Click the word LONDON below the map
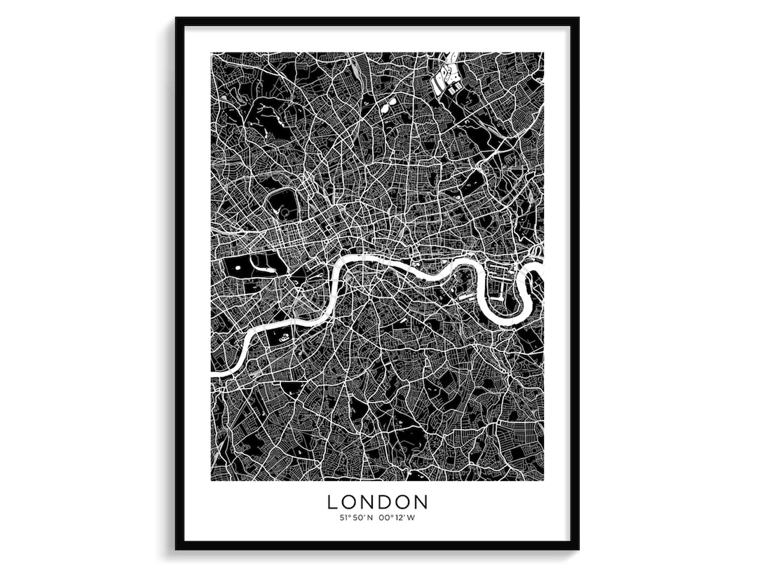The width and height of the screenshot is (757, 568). [378, 502]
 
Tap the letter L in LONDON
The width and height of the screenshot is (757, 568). [332, 502]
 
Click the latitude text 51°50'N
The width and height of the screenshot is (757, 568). [355, 518]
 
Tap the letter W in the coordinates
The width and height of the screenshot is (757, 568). [412, 518]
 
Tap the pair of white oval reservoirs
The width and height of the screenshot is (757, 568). [388, 104]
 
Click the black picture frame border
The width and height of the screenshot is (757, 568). [179, 280]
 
